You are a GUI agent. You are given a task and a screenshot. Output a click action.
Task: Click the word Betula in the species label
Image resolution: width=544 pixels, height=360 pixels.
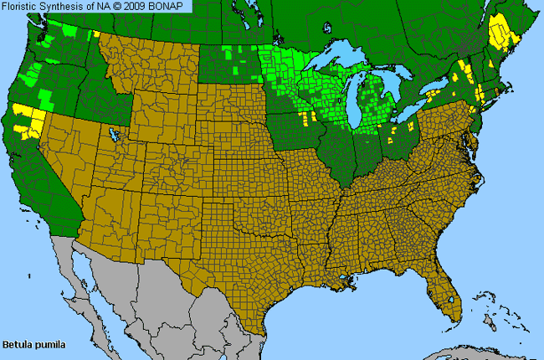[16, 344]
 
